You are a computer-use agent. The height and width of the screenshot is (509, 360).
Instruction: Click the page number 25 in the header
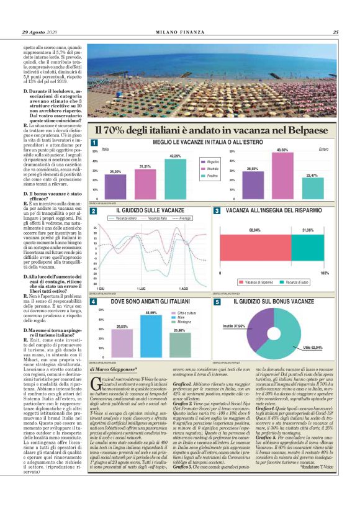point(335,32)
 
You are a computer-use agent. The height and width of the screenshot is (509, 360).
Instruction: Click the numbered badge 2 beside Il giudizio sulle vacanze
point(93,212)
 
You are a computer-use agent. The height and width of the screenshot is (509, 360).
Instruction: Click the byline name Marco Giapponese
point(115,369)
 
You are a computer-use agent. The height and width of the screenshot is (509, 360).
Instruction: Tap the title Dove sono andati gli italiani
point(146,301)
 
